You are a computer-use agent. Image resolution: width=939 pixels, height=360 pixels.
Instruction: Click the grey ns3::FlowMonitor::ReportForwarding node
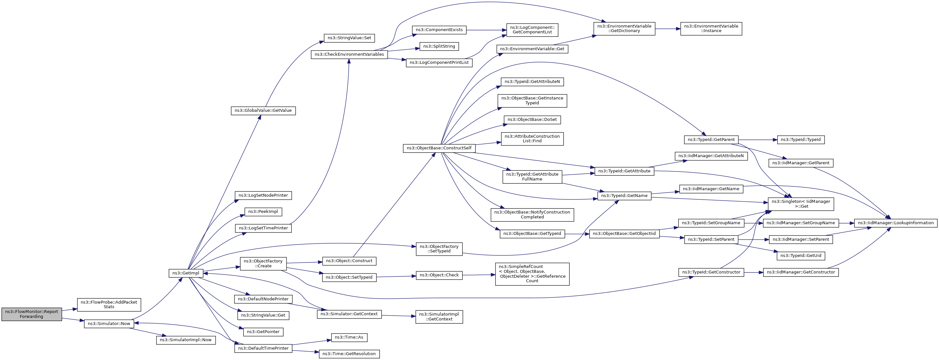tap(31, 314)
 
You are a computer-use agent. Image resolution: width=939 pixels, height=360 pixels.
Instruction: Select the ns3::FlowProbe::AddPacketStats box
tap(109, 305)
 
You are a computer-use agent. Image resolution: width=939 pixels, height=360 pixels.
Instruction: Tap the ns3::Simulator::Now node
tap(109, 324)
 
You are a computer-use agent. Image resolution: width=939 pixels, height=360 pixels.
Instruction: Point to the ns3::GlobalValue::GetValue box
tap(263, 110)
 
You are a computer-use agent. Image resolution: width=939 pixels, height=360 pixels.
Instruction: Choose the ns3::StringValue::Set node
tap(349, 38)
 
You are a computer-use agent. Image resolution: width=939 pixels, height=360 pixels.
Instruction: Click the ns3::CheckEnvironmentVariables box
tap(349, 54)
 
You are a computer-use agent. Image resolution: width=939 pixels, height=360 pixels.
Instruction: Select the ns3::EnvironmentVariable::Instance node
tap(711, 29)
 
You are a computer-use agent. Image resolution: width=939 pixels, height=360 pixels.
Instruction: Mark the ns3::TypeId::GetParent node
tap(711, 140)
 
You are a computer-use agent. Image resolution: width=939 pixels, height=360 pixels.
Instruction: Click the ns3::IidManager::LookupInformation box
tap(895, 223)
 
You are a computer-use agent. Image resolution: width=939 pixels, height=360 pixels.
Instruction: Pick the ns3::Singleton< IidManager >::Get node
tap(801, 204)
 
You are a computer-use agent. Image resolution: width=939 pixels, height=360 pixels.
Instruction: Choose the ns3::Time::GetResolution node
tap(349, 354)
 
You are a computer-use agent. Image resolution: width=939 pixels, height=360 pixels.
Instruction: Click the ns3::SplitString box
tap(439, 46)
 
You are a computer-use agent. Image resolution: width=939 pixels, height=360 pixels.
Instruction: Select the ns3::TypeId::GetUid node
tap(801, 256)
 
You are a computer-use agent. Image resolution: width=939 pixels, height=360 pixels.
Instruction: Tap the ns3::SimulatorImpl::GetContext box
tap(439, 317)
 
